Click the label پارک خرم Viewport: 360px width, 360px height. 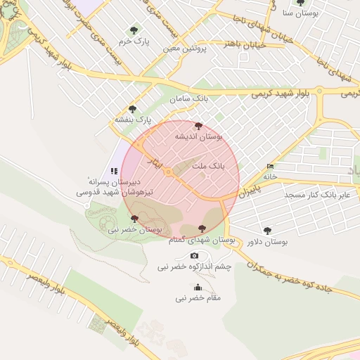[x=134, y=41]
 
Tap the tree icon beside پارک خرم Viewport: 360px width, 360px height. [x=134, y=30]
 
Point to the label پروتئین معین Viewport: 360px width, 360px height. [x=185, y=49]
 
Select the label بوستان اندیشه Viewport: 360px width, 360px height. [x=198, y=137]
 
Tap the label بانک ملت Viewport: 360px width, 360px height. [x=207, y=167]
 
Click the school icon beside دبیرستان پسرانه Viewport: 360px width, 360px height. [x=113, y=170]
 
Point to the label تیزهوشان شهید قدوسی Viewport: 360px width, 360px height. [x=102, y=191]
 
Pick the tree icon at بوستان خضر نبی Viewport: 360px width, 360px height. [x=134, y=219]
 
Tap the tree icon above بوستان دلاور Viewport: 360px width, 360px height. [x=267, y=231]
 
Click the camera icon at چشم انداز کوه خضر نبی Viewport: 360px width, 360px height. [x=194, y=255]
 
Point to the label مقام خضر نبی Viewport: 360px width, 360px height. [x=198, y=298]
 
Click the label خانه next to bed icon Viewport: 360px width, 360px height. [x=271, y=176]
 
